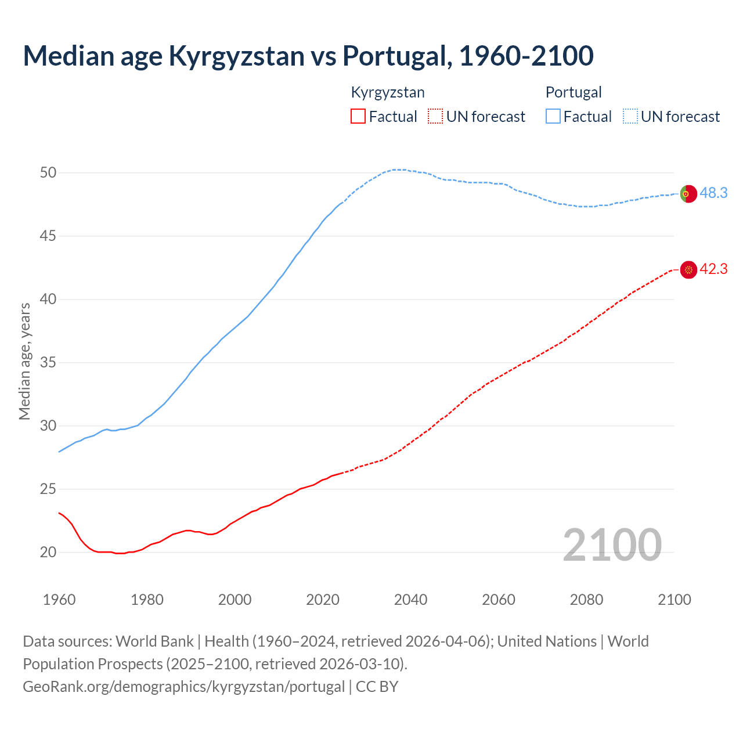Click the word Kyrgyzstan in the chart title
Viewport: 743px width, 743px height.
[236, 56]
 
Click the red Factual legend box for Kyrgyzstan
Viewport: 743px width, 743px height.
[358, 116]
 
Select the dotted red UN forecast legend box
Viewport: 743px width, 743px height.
[435, 116]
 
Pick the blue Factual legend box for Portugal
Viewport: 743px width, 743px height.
[553, 116]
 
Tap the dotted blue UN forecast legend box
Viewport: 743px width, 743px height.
[630, 116]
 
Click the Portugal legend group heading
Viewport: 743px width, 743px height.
[574, 92]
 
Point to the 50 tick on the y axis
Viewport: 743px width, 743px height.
[48, 172]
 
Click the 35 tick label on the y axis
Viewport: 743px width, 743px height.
[48, 363]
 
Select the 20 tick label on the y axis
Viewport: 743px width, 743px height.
[48, 552]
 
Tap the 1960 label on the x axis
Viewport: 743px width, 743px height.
[59, 600]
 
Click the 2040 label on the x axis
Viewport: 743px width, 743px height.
[411, 600]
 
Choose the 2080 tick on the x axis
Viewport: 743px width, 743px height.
[586, 600]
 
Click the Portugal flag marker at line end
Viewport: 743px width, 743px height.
[688, 193]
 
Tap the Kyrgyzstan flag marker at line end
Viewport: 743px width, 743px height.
[688, 269]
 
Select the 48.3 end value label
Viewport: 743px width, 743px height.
[713, 193]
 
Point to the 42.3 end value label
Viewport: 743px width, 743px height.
[713, 269]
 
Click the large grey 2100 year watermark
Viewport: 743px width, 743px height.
[612, 545]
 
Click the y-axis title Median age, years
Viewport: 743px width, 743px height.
[24, 361]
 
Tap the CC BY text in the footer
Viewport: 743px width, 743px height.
[377, 686]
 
